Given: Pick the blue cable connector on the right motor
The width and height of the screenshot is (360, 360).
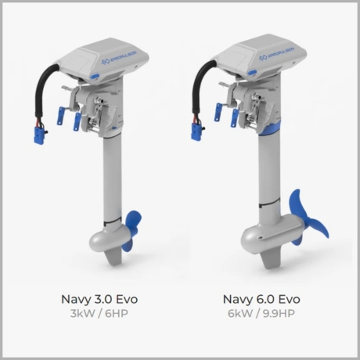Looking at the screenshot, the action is point(196,131).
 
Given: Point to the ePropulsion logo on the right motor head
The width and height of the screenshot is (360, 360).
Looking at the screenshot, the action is point(277,53).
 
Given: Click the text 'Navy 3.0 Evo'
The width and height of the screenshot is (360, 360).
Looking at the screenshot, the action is point(99,299).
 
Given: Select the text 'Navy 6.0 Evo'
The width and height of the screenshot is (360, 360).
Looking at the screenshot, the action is point(261,299).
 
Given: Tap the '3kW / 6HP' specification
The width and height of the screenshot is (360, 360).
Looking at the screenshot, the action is point(99,313).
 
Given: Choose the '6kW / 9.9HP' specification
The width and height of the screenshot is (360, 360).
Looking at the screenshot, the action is point(261,313).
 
